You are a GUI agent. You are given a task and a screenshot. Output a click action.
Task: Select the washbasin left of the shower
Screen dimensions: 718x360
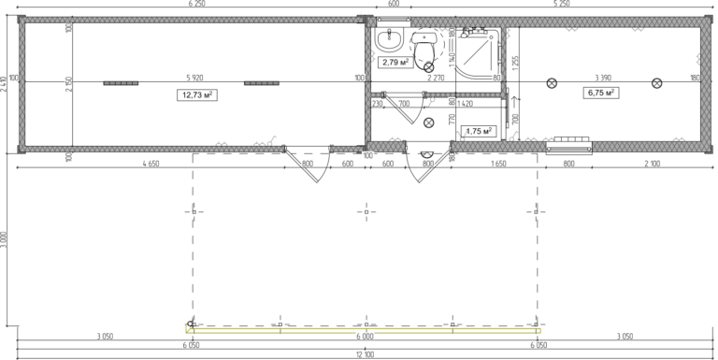[x=424, y=38]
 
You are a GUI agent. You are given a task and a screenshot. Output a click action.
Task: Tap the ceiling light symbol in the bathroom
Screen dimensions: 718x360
[x=429, y=67]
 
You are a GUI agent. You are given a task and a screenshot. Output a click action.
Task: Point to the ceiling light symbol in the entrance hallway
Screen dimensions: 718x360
[x=429, y=122]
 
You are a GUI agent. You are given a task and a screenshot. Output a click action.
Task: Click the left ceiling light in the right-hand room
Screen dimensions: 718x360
[x=552, y=83]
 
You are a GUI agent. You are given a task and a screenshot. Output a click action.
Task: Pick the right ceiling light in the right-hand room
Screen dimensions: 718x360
[x=656, y=83]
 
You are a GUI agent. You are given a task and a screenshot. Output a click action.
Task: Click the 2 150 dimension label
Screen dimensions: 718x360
[x=68, y=84]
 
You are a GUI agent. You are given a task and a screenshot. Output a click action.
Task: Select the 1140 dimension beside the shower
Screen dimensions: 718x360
[x=451, y=59]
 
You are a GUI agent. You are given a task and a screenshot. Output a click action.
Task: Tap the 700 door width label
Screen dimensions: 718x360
[x=404, y=103]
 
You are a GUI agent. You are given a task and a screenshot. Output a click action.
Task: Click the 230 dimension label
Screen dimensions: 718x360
[x=377, y=103]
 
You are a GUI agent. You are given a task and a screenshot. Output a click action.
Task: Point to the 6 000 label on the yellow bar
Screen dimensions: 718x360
[x=365, y=336]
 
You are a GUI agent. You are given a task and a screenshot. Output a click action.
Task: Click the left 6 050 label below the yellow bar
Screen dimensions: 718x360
[x=191, y=345]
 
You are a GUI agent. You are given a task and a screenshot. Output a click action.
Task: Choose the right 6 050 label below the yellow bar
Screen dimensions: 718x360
[x=538, y=345]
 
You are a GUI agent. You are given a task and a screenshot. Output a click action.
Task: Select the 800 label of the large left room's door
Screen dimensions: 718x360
[x=307, y=164]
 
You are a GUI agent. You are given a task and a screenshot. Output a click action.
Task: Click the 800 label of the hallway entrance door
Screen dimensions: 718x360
[x=427, y=164]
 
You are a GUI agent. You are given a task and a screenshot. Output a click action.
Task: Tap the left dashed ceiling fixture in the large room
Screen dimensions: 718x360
[x=121, y=83]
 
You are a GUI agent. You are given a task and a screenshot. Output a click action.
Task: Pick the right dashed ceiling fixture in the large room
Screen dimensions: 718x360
[x=262, y=83]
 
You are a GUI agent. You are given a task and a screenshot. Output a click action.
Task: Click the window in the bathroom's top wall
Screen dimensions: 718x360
[x=394, y=22]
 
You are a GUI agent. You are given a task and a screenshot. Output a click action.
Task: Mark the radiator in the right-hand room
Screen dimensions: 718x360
[x=568, y=144]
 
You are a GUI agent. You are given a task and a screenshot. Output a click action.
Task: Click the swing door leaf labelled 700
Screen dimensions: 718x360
[x=398, y=109]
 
